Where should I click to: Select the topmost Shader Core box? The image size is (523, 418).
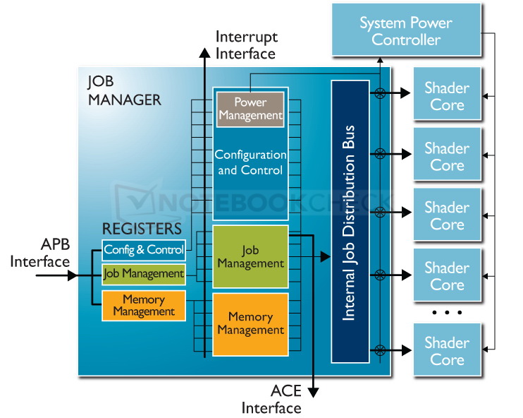447,96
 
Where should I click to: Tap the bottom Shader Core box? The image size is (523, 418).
447,351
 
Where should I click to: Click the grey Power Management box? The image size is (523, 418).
250,109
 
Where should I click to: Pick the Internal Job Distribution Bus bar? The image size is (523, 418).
350,221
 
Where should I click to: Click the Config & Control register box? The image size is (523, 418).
144,249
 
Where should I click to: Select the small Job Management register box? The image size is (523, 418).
144,273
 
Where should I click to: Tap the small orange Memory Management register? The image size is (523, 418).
144,305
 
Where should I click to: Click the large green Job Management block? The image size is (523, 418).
250,256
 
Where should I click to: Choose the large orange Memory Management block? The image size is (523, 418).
250,324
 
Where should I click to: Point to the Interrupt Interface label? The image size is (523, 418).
245,44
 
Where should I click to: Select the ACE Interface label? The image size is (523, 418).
271,399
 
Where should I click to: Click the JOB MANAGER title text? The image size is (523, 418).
123,90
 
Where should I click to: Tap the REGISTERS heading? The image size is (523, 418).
142,228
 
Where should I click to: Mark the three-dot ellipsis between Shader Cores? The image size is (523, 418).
447,312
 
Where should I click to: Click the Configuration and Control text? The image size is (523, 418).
250,162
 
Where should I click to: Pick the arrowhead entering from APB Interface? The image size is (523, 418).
72,276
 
